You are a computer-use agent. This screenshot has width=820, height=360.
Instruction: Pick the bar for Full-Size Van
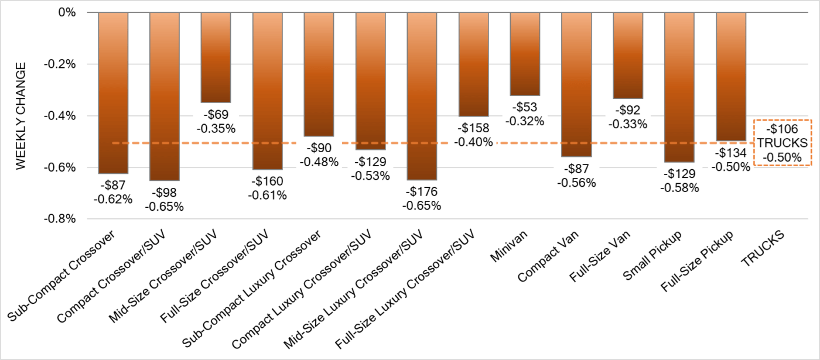point(628,55)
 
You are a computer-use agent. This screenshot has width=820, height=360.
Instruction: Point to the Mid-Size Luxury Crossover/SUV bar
point(422,96)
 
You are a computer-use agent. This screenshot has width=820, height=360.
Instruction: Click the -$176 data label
point(422,192)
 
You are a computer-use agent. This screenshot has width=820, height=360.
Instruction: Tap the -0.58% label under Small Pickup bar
point(679,188)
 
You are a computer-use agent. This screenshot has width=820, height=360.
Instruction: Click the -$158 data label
point(473,129)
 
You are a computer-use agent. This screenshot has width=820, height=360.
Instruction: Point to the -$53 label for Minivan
point(525,108)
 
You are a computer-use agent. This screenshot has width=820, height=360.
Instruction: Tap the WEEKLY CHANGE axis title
point(21,116)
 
